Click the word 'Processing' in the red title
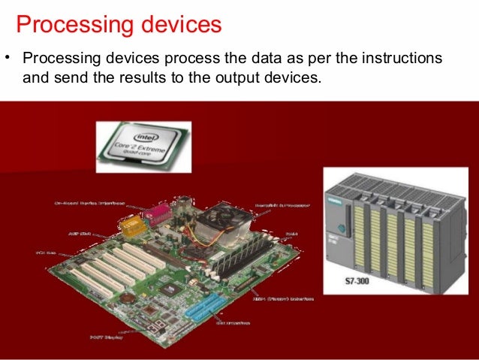(x=70, y=24)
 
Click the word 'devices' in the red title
(x=176, y=24)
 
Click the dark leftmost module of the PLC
(x=340, y=233)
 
